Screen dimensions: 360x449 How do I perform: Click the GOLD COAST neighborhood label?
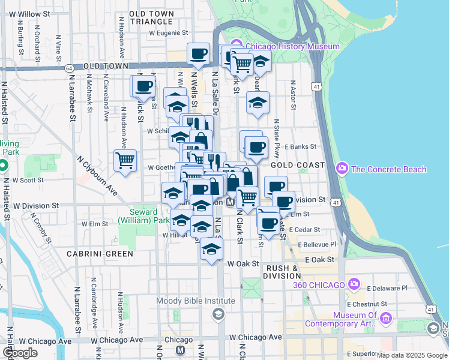coord(297,164)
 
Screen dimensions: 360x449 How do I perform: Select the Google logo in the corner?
coord(20,353)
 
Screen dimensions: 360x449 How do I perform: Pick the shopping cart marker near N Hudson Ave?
coord(125,160)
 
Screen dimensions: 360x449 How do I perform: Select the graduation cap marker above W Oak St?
coord(211,250)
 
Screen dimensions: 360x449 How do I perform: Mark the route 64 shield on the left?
coord(70,68)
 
